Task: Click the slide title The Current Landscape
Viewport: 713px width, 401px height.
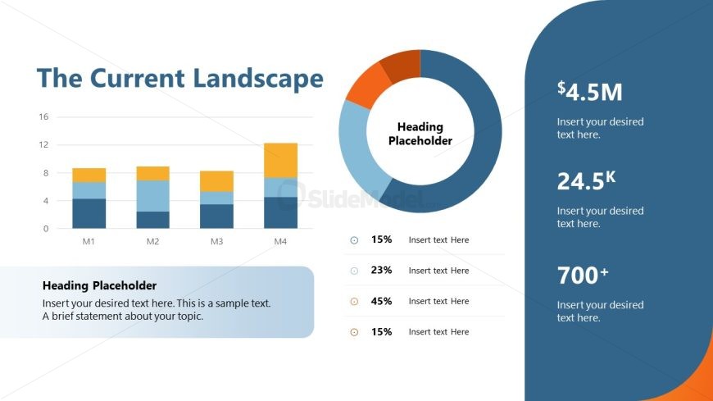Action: click(x=180, y=79)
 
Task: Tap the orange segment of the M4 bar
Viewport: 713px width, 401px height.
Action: click(x=280, y=160)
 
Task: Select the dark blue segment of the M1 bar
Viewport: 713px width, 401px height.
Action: click(x=89, y=213)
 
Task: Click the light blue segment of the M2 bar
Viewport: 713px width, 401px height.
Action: click(x=152, y=195)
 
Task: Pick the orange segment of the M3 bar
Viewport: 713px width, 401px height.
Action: click(x=216, y=180)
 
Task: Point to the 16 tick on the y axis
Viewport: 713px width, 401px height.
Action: click(x=43, y=117)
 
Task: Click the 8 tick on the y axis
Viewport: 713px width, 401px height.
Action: click(x=46, y=173)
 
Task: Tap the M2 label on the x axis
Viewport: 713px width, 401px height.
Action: click(x=152, y=242)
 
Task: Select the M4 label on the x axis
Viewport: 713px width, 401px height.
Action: click(x=280, y=242)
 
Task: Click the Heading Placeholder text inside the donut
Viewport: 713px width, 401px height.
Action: click(x=420, y=134)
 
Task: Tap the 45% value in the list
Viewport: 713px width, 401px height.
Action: click(x=381, y=301)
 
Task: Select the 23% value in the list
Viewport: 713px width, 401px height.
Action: click(x=381, y=271)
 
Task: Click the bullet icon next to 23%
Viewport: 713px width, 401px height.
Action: click(x=354, y=271)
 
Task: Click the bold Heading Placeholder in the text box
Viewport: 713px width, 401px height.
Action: click(x=99, y=286)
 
